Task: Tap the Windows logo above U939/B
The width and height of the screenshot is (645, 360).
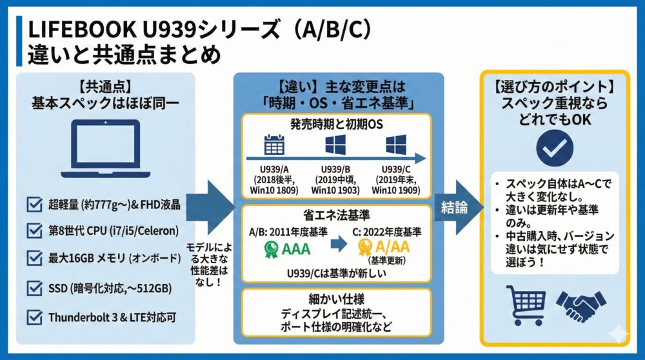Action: tap(335, 144)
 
